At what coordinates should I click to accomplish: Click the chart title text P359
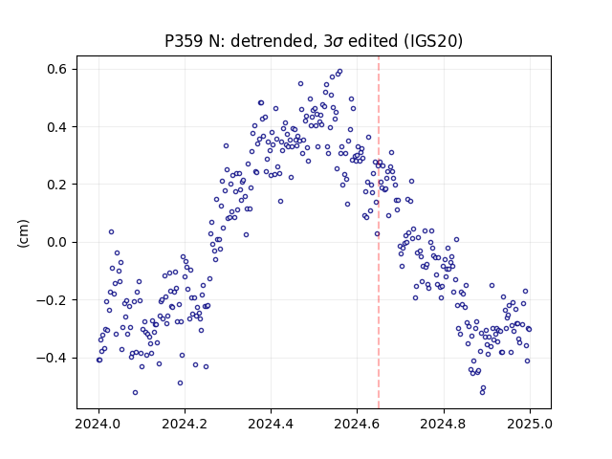[184, 41]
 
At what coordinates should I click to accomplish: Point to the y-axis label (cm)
[23, 233]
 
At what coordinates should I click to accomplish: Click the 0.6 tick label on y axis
[57, 69]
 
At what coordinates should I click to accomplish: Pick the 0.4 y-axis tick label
[57, 127]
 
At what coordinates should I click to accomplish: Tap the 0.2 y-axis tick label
[57, 185]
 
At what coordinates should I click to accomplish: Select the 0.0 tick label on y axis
[57, 242]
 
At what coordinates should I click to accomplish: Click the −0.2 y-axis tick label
[53, 299]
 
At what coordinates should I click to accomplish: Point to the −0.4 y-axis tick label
[53, 358]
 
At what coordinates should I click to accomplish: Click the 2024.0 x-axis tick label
[98, 424]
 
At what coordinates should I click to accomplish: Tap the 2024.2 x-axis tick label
[185, 424]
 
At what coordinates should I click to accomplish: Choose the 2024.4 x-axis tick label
[271, 424]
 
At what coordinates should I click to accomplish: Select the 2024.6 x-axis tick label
[357, 424]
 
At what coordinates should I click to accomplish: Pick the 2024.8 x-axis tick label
[444, 424]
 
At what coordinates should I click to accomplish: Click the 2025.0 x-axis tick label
[530, 424]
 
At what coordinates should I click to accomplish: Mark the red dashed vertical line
[379, 232]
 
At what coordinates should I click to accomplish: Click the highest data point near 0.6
[340, 72]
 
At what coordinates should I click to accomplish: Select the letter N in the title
[214, 41]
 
